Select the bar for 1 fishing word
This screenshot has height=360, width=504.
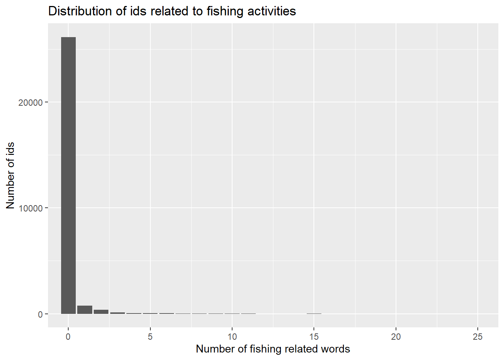point(85,310)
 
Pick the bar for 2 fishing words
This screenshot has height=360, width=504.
point(101,312)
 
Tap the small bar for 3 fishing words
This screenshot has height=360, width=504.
point(117,313)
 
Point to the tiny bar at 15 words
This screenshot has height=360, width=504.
point(314,313)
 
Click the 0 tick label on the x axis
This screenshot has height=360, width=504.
point(68,337)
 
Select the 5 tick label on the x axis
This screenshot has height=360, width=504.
point(150,337)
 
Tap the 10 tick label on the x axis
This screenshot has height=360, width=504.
point(232,337)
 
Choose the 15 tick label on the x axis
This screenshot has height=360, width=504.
point(314,337)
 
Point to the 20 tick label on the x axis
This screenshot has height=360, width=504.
point(396,337)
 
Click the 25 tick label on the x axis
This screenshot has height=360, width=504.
point(478,337)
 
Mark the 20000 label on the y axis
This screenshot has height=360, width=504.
point(30,103)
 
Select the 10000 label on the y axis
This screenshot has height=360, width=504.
point(30,208)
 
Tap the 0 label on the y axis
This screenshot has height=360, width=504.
point(40,315)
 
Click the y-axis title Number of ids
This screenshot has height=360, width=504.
point(10,175)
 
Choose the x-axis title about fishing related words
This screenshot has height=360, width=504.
point(273,349)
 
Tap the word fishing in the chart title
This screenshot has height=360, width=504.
point(224,11)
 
